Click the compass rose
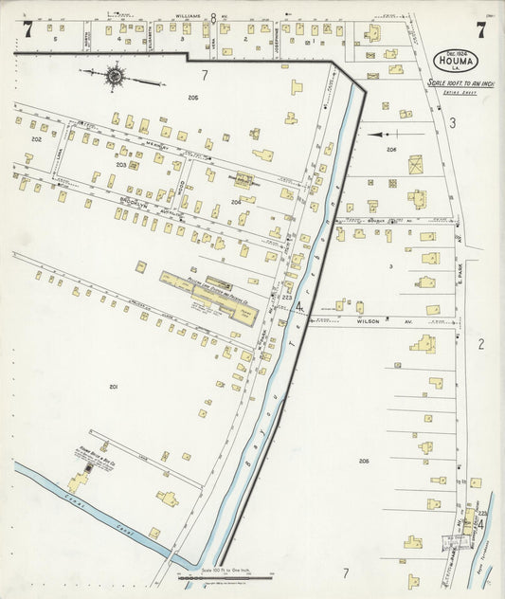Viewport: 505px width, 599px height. coord(115,75)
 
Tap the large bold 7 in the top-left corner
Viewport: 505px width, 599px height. coord(28,29)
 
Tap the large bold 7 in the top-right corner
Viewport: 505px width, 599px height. coord(481,29)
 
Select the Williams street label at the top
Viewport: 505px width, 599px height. coord(191,17)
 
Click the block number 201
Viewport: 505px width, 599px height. coord(113,387)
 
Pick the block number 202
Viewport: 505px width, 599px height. coord(36,139)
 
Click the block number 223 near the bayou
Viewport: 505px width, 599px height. coord(286,297)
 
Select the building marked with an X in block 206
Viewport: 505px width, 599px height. coord(416,164)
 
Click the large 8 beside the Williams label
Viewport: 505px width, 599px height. coord(214,18)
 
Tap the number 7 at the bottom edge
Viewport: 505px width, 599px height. coord(346,572)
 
